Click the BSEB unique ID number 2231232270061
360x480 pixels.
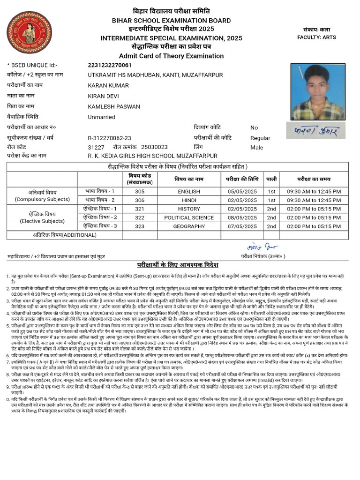pyautogui.click(x=110, y=65)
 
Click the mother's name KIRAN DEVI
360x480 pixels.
pyautogui.click(x=101, y=96)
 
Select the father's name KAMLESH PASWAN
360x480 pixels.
pyautogui.click(x=114, y=106)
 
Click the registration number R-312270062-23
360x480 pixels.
pyautogui.click(x=109, y=138)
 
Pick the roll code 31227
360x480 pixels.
pyautogui.click(x=96, y=147)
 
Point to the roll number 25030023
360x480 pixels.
pyautogui.click(x=154, y=147)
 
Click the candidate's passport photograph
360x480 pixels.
pyautogui.click(x=317, y=92)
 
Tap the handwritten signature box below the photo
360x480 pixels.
pyautogui.click(x=317, y=129)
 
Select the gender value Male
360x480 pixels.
pyautogui.click(x=257, y=148)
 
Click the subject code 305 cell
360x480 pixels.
pyautogui.click(x=140, y=191)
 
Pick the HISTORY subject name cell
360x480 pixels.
pyautogui.click(x=189, y=209)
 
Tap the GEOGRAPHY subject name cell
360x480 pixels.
pyautogui.click(x=189, y=226)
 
